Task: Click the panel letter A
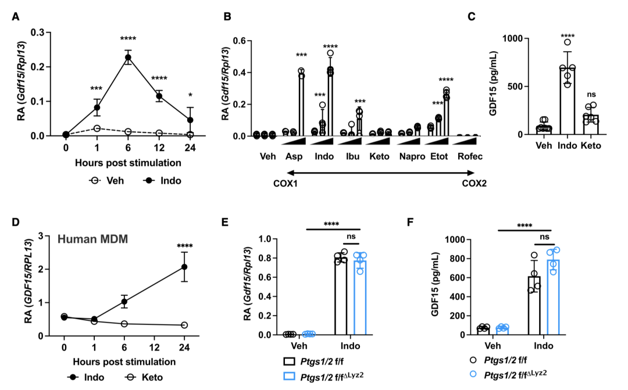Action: [x=16, y=16]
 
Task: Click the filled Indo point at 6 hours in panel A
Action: [x=128, y=58]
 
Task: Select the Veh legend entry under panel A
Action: [x=107, y=181]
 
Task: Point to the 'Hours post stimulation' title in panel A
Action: [x=128, y=163]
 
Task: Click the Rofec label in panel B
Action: [x=470, y=156]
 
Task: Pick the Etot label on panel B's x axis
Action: [x=439, y=156]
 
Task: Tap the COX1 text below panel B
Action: [x=286, y=184]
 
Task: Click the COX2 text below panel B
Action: [x=474, y=184]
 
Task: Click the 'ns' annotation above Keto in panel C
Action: [x=591, y=95]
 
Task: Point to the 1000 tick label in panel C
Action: [x=513, y=38]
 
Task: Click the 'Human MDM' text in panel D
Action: [x=92, y=239]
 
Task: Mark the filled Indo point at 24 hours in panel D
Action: [x=184, y=267]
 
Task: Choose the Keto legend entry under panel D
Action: [x=144, y=377]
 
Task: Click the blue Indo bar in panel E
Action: [x=360, y=298]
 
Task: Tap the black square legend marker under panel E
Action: [x=290, y=361]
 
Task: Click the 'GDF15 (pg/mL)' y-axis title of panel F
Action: [x=436, y=284]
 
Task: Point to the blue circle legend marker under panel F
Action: [x=473, y=374]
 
